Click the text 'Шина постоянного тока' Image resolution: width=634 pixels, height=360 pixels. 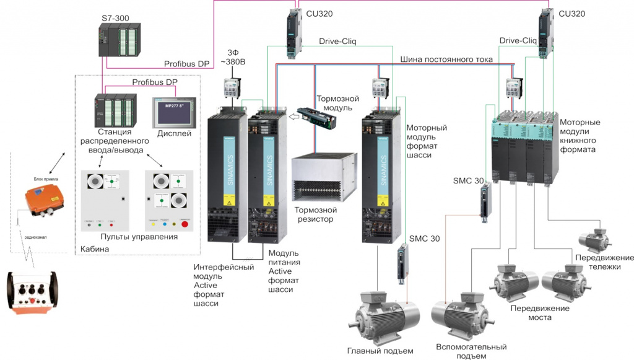coord(446,59)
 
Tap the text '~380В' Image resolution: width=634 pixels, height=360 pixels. coord(233,62)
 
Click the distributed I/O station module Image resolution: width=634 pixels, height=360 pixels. coord(115,110)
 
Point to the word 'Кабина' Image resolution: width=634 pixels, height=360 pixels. coord(95,249)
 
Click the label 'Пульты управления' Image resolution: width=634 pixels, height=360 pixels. coord(138,237)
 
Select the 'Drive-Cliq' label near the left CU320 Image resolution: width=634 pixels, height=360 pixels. coord(337,42)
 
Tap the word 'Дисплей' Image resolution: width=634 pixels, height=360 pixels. coord(175,133)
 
